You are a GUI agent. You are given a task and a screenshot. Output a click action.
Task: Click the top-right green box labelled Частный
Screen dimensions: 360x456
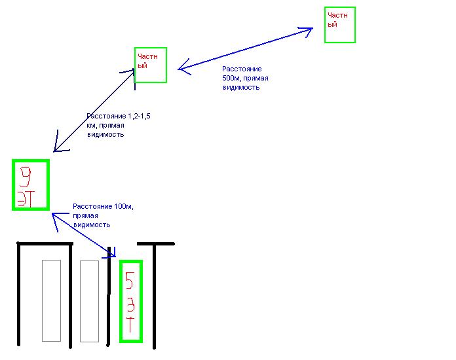click(x=340, y=25)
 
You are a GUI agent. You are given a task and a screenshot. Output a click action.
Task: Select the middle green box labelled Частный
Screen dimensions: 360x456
click(x=151, y=65)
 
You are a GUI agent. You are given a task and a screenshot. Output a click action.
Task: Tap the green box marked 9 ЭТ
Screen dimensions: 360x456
click(x=31, y=185)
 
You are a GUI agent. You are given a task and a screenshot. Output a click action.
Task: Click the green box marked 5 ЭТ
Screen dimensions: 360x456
click(x=131, y=300)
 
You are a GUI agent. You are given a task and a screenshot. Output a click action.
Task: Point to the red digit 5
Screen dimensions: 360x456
click(x=130, y=279)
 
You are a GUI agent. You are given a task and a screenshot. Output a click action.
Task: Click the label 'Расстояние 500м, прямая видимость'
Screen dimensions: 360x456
click(x=244, y=78)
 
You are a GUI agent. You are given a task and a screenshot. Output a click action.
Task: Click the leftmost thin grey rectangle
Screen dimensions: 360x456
click(x=51, y=300)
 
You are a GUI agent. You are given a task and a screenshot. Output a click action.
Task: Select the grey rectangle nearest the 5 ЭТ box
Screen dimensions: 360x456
click(x=89, y=300)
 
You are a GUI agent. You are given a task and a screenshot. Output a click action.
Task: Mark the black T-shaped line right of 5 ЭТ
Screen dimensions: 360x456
click(x=156, y=288)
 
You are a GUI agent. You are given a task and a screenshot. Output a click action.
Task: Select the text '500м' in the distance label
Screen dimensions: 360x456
click(x=231, y=78)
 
